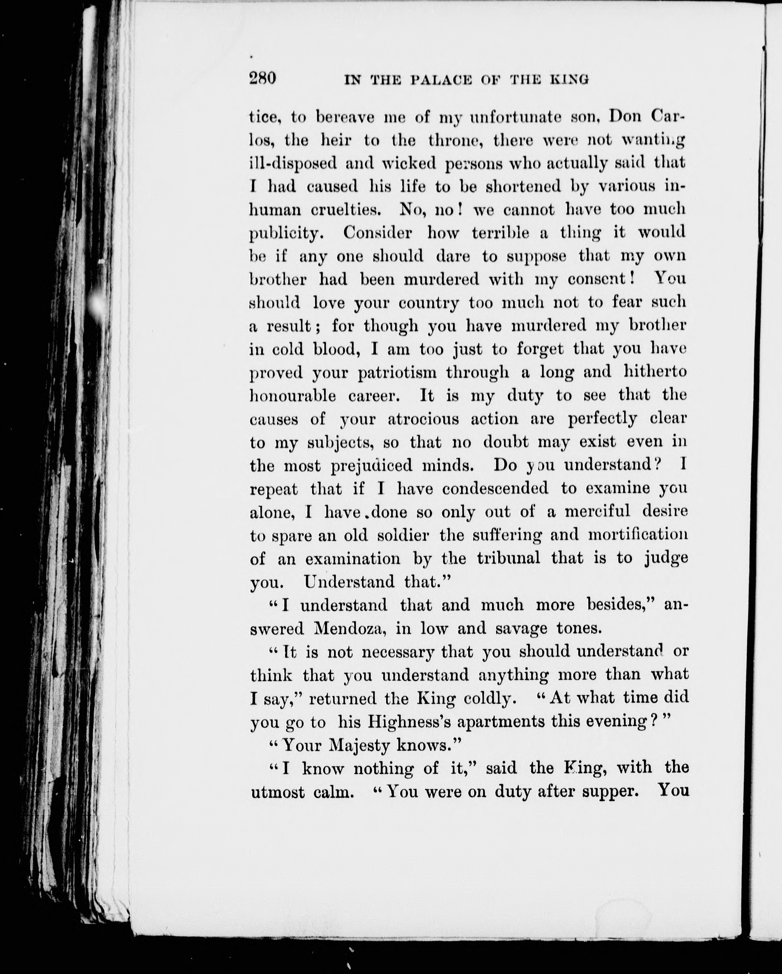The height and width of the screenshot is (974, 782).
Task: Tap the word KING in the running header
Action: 570,80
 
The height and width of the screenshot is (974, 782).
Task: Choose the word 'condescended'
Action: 495,488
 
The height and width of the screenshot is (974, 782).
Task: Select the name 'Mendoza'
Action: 350,628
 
